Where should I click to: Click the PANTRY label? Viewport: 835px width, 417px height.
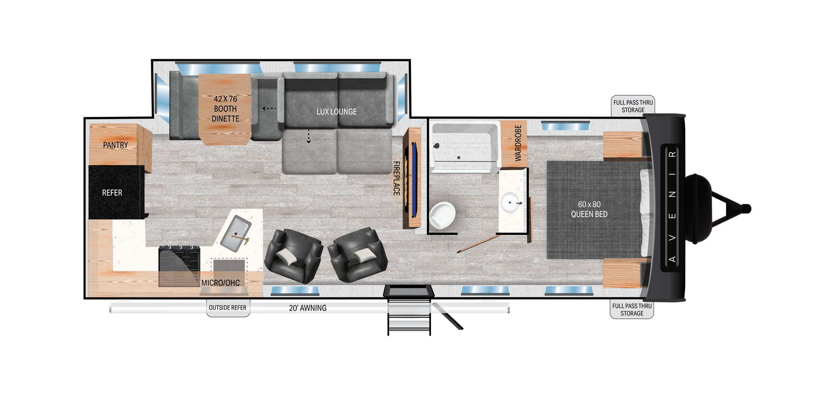click(x=116, y=145)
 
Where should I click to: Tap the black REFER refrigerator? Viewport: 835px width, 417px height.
click(x=112, y=192)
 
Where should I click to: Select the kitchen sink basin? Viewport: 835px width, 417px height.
click(x=235, y=232)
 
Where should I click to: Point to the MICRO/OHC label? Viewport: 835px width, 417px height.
click(x=220, y=283)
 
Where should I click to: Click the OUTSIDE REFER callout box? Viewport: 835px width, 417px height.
click(x=228, y=308)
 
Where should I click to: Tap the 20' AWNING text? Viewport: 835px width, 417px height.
click(x=308, y=308)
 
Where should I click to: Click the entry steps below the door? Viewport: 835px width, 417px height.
click(x=409, y=317)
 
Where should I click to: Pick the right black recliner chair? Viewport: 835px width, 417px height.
click(x=358, y=255)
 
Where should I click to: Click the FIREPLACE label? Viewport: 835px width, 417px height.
click(x=397, y=178)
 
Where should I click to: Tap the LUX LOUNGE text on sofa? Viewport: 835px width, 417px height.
click(x=337, y=112)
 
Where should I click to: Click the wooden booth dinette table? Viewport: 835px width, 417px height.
click(x=225, y=109)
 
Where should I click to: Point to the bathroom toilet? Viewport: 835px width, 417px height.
click(x=443, y=215)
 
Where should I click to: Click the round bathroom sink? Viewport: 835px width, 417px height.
click(x=511, y=202)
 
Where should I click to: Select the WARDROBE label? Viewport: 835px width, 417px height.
click(x=518, y=143)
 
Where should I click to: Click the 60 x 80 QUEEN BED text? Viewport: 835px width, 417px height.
click(x=589, y=209)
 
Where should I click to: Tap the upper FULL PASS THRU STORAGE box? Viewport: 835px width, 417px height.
click(x=633, y=106)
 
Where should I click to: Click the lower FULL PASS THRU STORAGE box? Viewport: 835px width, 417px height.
click(x=632, y=310)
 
